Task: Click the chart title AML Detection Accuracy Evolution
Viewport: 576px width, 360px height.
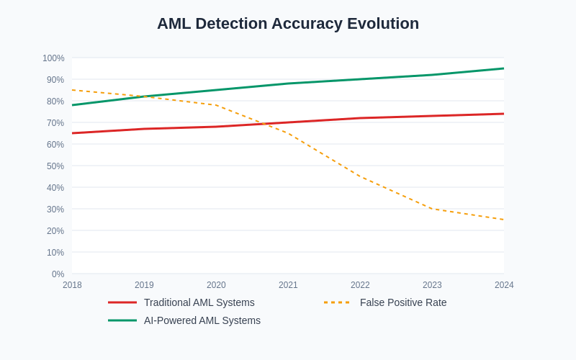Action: (x=288, y=24)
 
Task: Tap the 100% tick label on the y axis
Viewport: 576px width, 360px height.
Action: (x=53, y=58)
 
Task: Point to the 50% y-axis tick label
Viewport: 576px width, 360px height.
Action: (x=55, y=166)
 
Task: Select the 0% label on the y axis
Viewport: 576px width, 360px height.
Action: (x=58, y=274)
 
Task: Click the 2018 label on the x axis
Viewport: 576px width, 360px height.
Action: (x=72, y=285)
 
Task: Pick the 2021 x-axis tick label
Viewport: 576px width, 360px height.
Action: (x=288, y=285)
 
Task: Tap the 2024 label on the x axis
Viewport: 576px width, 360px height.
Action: (x=504, y=285)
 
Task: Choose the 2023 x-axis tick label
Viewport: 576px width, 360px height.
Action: (x=432, y=285)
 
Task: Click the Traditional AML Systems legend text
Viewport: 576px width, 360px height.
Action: (x=199, y=302)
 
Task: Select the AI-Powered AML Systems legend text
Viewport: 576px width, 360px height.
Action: (x=202, y=320)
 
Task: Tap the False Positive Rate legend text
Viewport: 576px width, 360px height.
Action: (x=403, y=302)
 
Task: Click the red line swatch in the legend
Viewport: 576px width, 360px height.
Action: (x=122, y=302)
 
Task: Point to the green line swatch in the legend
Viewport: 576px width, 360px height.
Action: (x=122, y=320)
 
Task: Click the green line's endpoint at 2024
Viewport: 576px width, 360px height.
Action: (x=504, y=68)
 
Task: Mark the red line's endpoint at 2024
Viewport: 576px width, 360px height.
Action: (x=504, y=114)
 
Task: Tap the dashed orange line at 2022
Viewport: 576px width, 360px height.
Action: (x=360, y=176)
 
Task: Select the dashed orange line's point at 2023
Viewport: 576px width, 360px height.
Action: (x=432, y=209)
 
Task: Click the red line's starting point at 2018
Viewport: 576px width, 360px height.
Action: (x=72, y=133)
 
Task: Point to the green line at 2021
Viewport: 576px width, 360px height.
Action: (x=288, y=84)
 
